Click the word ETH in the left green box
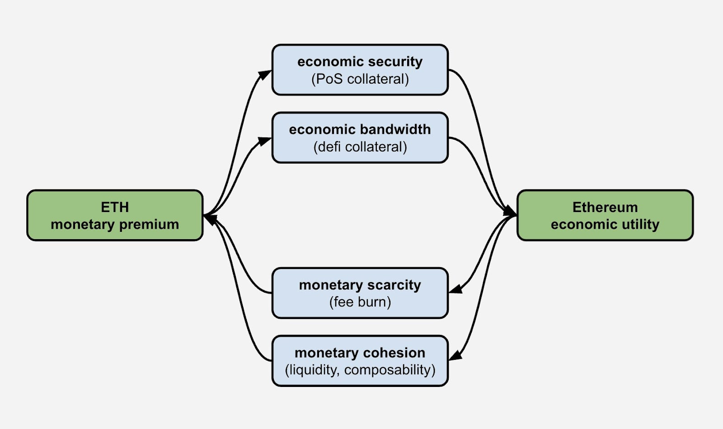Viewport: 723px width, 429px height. coord(115,207)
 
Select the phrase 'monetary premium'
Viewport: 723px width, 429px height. coord(115,224)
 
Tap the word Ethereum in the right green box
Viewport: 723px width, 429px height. coord(605,207)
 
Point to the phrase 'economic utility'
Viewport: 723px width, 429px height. coord(605,224)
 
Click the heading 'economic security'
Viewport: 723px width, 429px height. coord(360,61)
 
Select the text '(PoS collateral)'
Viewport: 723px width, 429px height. coord(360,79)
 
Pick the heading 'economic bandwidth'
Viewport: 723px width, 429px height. coord(360,129)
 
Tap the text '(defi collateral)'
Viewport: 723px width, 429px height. coord(360,147)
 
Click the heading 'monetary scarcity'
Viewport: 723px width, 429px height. coord(360,285)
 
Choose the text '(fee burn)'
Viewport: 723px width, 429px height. coord(360,302)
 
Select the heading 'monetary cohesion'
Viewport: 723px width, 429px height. coord(360,353)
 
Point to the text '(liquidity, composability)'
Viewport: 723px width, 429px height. coord(360,370)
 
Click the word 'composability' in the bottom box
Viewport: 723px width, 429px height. coord(390,370)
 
